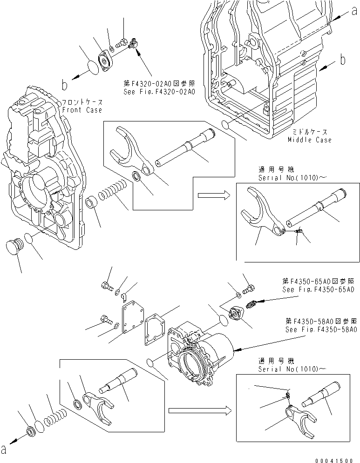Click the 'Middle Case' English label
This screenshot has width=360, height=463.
point(310,140)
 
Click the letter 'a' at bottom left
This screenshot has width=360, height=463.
point(5,450)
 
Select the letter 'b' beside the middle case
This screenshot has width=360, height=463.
point(342,59)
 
